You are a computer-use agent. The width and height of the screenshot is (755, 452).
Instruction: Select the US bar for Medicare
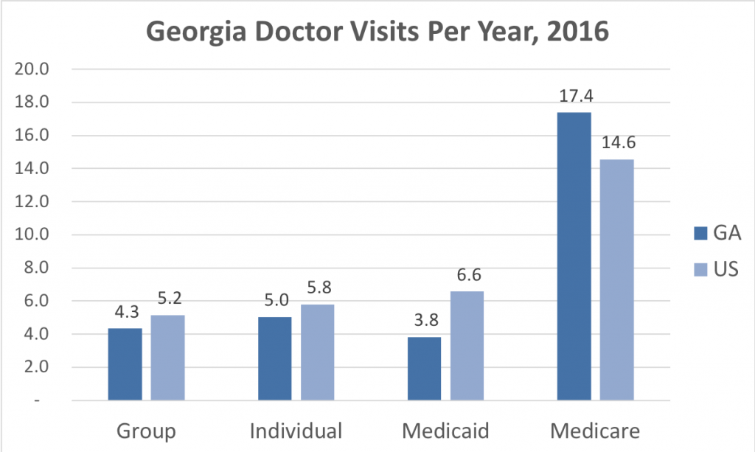[x=616, y=280]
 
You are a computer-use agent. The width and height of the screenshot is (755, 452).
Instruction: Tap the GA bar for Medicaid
[x=424, y=369]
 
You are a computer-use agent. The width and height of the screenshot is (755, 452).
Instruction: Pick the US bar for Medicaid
[x=467, y=346]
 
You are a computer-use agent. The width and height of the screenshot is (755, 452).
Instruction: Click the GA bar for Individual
[x=274, y=359]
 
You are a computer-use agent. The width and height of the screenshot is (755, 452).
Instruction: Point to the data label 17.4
[x=574, y=96]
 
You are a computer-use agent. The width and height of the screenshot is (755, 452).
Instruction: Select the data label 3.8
[x=424, y=321]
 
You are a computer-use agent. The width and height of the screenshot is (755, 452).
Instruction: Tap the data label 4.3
[x=125, y=312]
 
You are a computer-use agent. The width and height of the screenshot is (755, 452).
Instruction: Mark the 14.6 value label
[x=616, y=143]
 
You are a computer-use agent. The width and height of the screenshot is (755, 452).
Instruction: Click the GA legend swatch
[x=700, y=234]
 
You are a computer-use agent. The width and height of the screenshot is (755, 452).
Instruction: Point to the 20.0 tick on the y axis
[x=32, y=70]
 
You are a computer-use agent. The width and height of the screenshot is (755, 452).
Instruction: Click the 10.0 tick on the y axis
[x=32, y=235]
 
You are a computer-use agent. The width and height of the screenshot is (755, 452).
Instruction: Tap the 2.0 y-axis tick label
[x=35, y=368]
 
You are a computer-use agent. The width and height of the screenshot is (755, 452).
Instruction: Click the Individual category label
[x=296, y=431]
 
